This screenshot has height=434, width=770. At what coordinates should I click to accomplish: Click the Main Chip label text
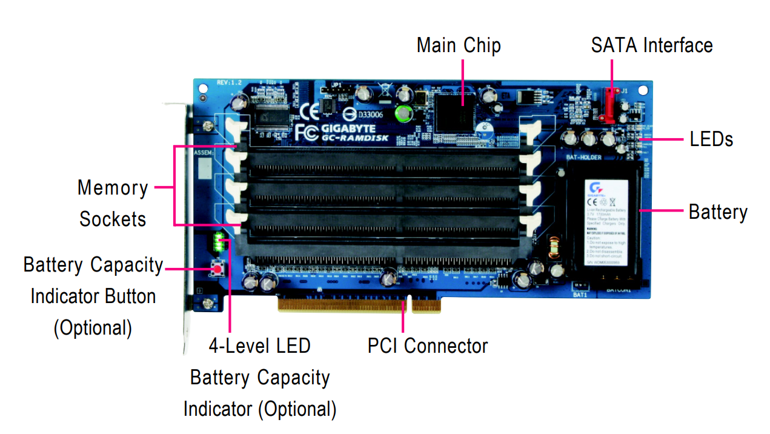click(459, 45)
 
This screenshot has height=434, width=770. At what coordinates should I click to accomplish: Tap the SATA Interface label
click(652, 45)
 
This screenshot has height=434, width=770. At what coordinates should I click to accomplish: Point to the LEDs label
click(711, 139)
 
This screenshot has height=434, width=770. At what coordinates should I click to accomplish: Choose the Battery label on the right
click(718, 212)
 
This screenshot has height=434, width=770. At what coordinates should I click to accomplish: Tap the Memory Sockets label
click(113, 203)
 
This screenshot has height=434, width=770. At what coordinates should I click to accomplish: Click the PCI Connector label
click(428, 346)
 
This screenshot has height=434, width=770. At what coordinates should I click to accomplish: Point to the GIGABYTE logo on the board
click(348, 129)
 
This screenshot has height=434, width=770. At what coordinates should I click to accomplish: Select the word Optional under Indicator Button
click(93, 328)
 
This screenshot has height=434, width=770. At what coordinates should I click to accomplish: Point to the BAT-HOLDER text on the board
click(583, 158)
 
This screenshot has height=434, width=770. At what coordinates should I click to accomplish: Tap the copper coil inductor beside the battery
click(553, 248)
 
